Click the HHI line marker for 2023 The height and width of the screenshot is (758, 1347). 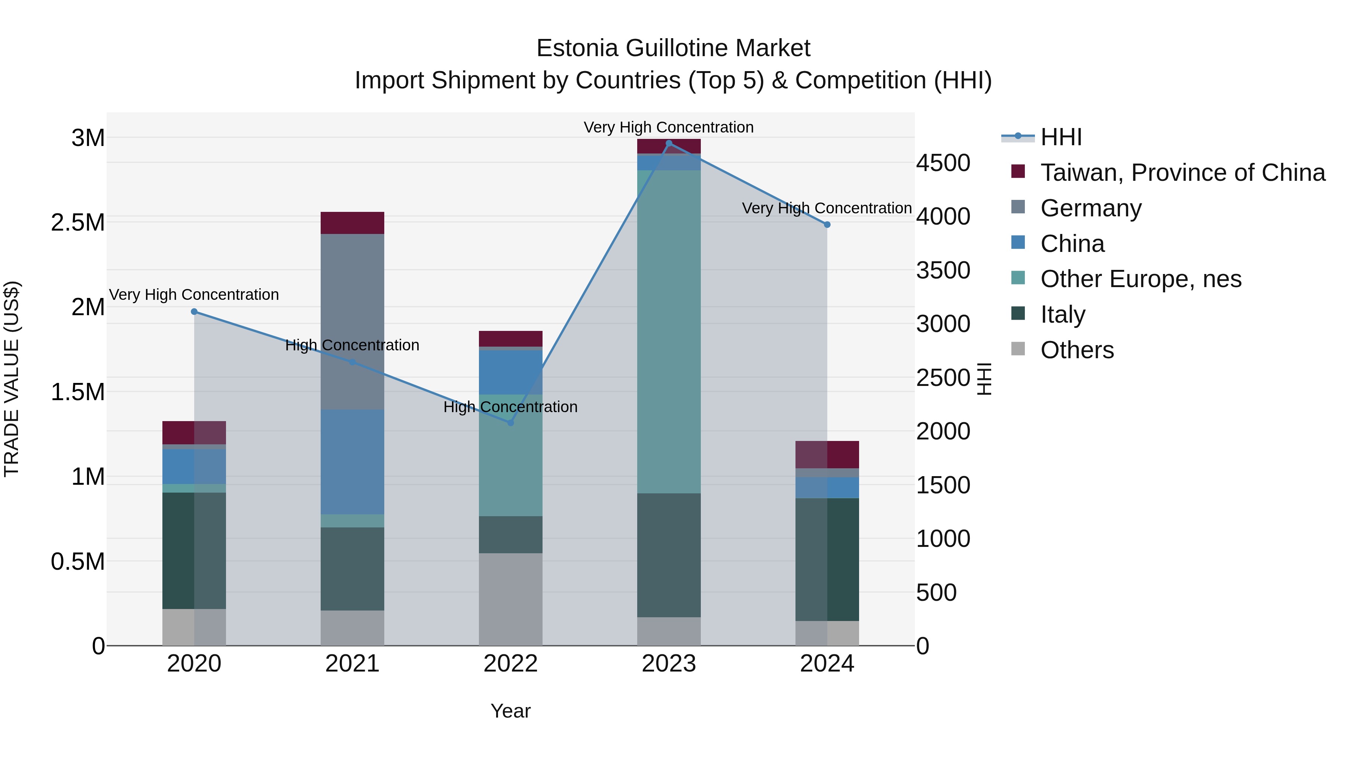click(x=669, y=143)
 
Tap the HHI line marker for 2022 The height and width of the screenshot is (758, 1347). click(x=511, y=423)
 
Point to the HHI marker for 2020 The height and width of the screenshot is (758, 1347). click(x=194, y=312)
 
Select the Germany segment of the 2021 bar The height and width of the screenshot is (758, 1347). click(x=352, y=321)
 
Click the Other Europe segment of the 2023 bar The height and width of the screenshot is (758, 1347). click(x=669, y=332)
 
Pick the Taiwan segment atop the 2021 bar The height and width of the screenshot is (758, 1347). click(x=352, y=223)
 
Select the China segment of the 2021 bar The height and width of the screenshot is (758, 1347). click(x=352, y=462)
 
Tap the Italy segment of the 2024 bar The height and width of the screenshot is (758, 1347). click(x=827, y=559)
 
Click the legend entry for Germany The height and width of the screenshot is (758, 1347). click(x=1091, y=208)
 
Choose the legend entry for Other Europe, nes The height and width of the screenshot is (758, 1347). click(x=1140, y=279)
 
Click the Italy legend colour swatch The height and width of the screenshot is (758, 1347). click(x=1018, y=313)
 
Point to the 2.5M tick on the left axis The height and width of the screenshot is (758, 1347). click(x=78, y=222)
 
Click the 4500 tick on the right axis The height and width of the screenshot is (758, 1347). click(x=943, y=163)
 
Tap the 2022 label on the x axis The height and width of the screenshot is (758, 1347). click(x=510, y=664)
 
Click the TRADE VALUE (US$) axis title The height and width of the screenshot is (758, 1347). click(x=12, y=379)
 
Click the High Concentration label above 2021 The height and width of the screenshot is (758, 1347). click(x=352, y=345)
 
